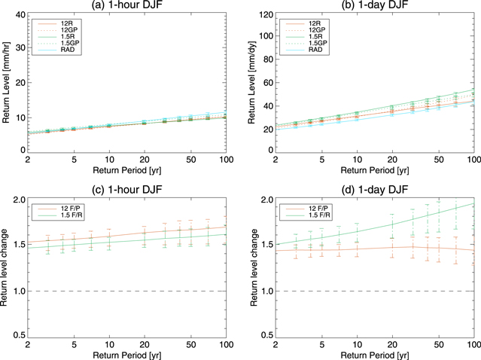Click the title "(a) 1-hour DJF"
[x=129, y=6]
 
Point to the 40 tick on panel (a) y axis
[x=20, y=14]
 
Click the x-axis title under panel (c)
[x=129, y=354]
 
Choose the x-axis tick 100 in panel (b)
[x=472, y=159]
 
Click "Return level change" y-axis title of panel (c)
[x=6, y=267]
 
